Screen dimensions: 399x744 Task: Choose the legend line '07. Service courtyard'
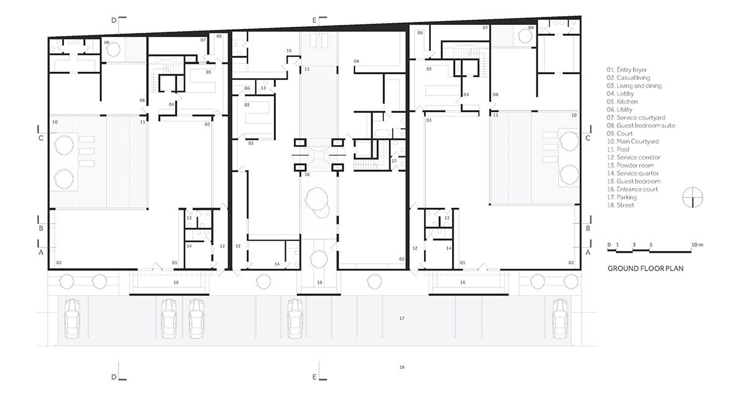point(632,117)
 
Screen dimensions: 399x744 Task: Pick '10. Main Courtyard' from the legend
point(630,141)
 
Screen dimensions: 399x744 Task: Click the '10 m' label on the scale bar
point(697,244)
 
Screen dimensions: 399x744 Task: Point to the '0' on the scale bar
point(609,244)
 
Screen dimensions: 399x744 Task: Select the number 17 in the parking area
point(402,318)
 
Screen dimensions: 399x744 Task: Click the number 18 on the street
point(402,367)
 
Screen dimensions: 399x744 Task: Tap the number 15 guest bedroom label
point(289,50)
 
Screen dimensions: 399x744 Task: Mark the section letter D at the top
point(113,20)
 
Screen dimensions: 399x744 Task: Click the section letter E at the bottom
point(314,377)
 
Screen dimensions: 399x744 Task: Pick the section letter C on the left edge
point(41,138)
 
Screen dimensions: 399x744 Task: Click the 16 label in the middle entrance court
point(320,282)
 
